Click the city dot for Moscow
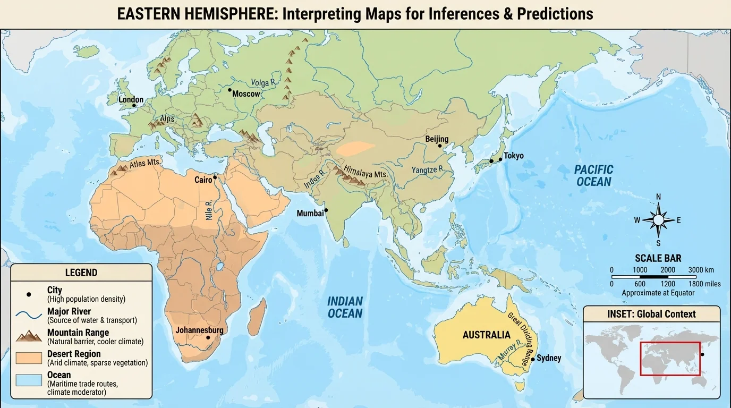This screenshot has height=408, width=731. tap(229, 90)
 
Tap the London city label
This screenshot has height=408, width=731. tap(131, 99)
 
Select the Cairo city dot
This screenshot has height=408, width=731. tap(215, 177)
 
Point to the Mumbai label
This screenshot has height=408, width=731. tap(310, 213)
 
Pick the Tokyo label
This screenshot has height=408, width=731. tap(514, 156)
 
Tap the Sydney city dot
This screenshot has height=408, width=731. tap(532, 360)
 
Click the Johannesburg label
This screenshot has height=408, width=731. tap(199, 330)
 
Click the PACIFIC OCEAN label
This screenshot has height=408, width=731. tap(594, 176)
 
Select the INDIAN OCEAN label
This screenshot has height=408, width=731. tap(345, 308)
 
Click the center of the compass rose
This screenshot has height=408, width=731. tap(658, 220)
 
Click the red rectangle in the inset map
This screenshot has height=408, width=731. tap(670, 359)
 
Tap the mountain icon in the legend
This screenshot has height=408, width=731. tap(29, 336)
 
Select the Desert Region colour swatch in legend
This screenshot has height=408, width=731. tap(29, 358)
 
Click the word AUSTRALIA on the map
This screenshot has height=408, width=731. tap(486, 335)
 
